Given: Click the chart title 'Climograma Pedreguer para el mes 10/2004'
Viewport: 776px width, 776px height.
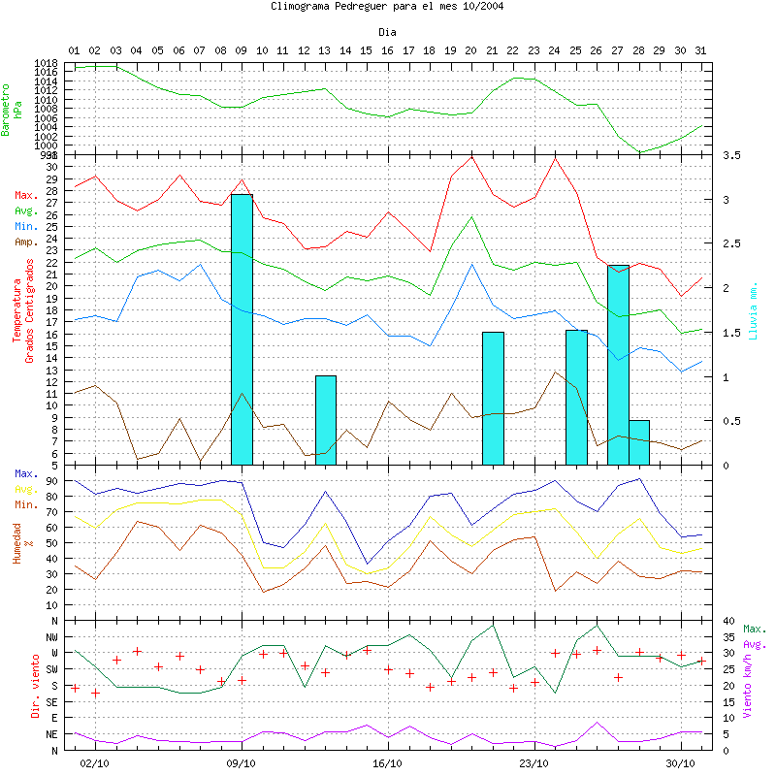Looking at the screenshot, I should coord(387,7).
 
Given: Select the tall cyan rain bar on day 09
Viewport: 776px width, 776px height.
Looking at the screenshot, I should coord(242,330).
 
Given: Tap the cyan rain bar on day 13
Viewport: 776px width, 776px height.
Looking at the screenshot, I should coord(326,420).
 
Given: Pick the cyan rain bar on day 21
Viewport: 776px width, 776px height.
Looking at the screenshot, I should coord(493,398).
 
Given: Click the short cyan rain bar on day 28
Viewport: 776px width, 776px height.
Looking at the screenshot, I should coord(639,442).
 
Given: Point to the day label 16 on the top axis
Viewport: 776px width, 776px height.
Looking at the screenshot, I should coord(387,49).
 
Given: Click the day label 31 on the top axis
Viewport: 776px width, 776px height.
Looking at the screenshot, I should coord(701,49).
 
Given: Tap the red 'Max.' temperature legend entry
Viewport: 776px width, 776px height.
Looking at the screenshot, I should coord(26,196).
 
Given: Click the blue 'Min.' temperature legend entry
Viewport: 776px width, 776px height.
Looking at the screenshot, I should coord(26,226).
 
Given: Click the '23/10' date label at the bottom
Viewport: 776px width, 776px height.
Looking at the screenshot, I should coord(534,763).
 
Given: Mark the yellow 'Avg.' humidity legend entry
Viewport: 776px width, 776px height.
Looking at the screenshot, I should coord(26,490).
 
